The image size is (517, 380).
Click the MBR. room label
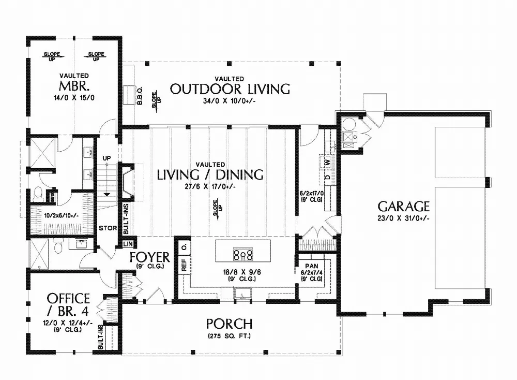(74, 86)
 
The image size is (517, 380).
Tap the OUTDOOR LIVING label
(230, 89)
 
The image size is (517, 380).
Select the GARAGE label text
(403, 207)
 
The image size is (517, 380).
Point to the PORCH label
(229, 324)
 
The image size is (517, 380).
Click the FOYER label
(150, 257)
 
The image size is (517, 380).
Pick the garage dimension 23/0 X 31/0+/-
(403, 218)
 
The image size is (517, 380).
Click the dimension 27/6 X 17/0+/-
(210, 186)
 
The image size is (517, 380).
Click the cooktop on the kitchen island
(243, 254)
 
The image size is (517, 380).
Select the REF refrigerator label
(184, 265)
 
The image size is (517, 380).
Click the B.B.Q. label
(139, 96)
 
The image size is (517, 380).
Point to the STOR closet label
(108, 228)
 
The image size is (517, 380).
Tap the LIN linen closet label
(128, 244)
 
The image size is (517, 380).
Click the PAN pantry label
(312, 266)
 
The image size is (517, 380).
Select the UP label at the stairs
(107, 158)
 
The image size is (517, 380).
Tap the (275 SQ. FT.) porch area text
(229, 336)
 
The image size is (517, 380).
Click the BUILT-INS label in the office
(101, 337)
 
